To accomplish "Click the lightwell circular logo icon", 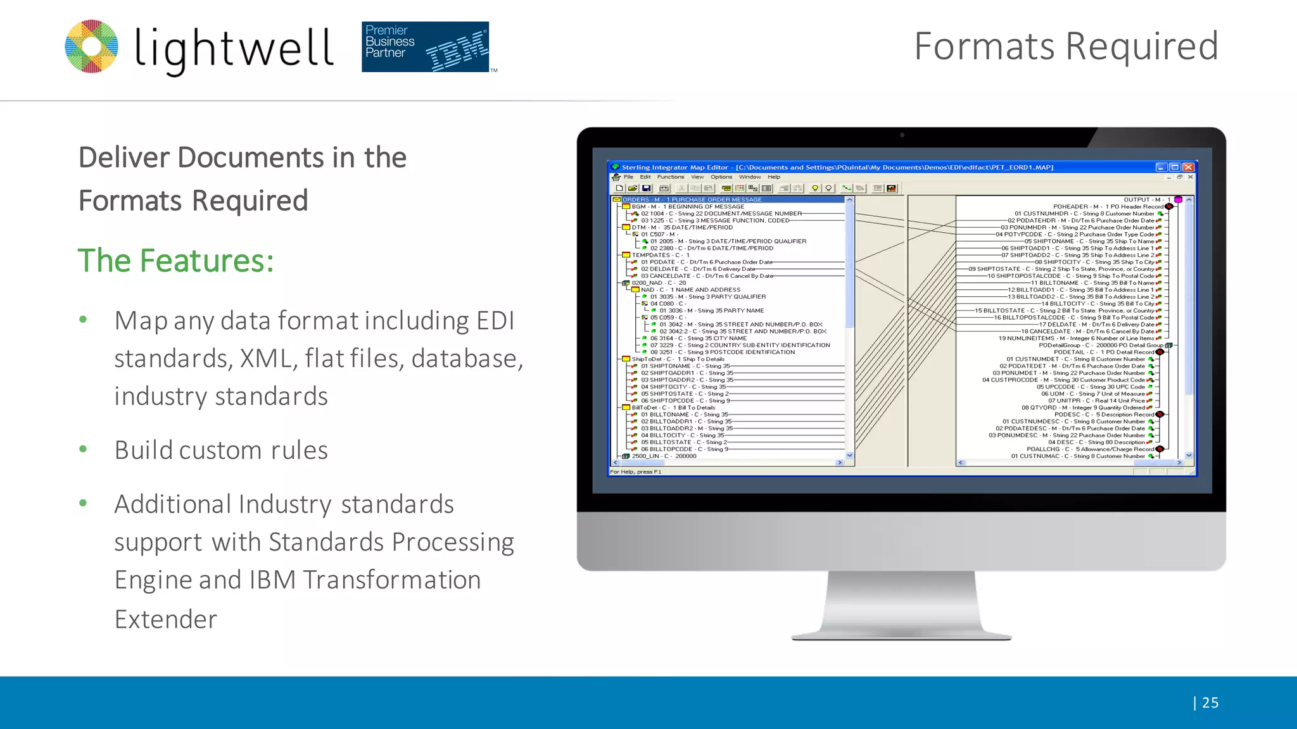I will tap(92, 46).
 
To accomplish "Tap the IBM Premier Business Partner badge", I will tap(425, 47).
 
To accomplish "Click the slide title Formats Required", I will tap(1066, 46).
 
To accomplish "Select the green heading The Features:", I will tap(175, 260).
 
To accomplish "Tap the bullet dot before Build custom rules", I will tap(83, 449).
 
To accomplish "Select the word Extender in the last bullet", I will tap(166, 619).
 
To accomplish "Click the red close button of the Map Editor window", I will tap(1188, 167).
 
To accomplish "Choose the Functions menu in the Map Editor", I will tap(670, 177).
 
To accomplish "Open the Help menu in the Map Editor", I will tap(774, 177).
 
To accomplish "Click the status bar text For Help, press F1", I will tap(635, 471).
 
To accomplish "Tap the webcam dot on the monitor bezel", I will tap(902, 135).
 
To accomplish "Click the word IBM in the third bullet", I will tap(272, 580).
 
